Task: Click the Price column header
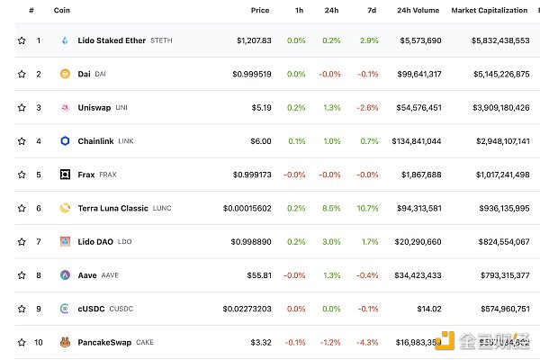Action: tap(260, 10)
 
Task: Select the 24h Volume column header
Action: tap(418, 10)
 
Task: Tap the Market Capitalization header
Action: tap(489, 10)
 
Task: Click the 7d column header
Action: tap(371, 10)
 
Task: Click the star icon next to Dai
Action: tap(22, 74)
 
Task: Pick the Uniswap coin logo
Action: tap(65, 107)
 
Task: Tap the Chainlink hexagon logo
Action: tap(65, 141)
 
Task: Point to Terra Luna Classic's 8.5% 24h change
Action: tap(330, 208)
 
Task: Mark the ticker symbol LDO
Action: tap(123, 241)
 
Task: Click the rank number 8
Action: tap(39, 275)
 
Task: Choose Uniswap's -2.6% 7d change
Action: tap(366, 107)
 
